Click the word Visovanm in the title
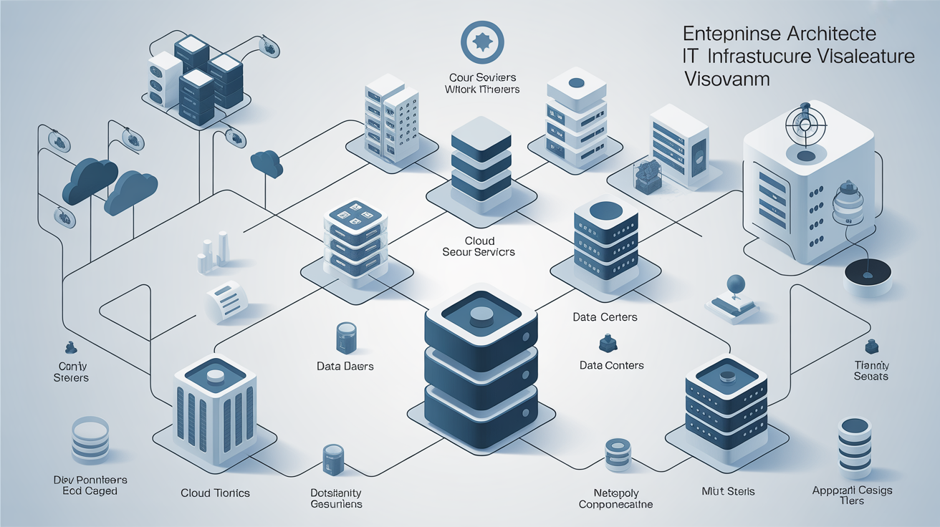tap(726, 78)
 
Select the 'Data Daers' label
tap(345, 366)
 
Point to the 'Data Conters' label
tap(611, 365)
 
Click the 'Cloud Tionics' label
tap(215, 493)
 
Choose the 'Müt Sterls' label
tap(727, 491)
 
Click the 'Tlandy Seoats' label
tap(871, 370)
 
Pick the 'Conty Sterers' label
tap(71, 372)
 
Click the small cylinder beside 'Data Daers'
tap(345, 337)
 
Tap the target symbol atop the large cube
tap(805, 124)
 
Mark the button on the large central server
tap(481, 314)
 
